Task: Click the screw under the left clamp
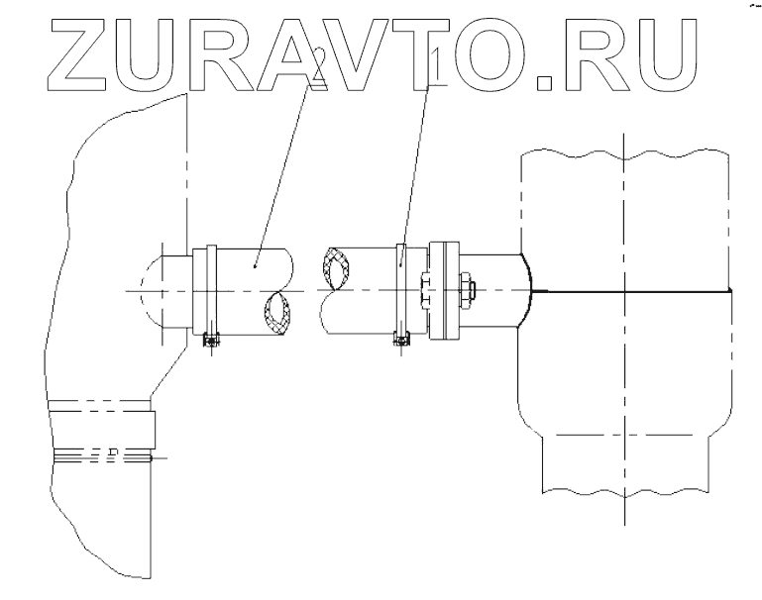209,342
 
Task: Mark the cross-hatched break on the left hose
278,313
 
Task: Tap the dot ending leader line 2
256,266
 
